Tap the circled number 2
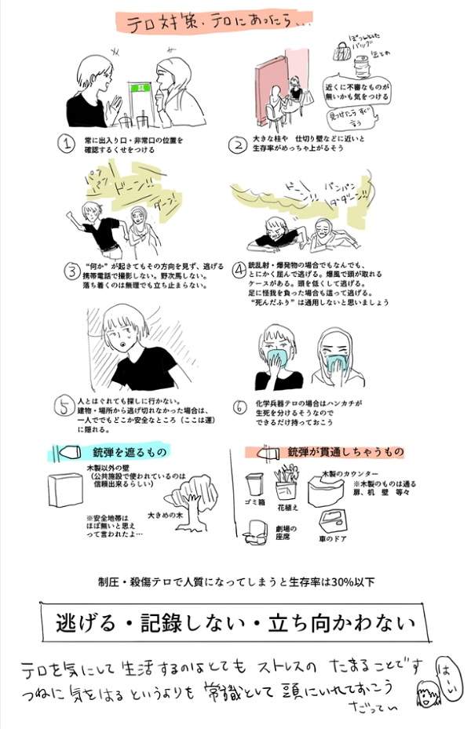pos(237,143)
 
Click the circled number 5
pos(66,406)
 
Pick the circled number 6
pos(239,406)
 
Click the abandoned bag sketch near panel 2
pos(341,52)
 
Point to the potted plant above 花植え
pos(286,481)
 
